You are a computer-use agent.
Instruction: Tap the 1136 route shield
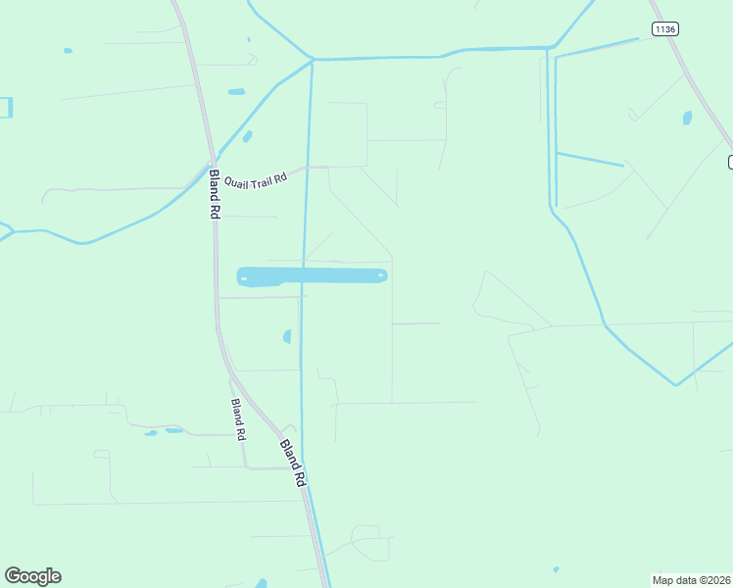point(664,29)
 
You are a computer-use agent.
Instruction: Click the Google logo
point(32,576)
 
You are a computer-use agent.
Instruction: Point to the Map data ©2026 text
point(692,579)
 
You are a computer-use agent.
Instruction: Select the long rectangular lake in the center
point(313,276)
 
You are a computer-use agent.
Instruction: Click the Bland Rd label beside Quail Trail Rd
point(215,194)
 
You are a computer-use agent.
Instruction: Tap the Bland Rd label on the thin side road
point(237,419)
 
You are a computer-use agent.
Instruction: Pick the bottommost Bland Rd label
point(293,463)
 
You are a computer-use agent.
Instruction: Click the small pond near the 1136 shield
point(687,119)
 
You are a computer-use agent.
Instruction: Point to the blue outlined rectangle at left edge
point(6,108)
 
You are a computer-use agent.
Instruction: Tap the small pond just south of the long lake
point(287,336)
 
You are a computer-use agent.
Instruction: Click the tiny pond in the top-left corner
point(68,50)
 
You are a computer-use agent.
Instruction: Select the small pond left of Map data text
point(556,569)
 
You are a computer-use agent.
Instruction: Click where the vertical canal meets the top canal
point(313,60)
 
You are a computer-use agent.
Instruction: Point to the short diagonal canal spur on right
point(590,159)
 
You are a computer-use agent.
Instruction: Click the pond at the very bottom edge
point(262,583)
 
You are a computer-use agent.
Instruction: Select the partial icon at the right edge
point(729,162)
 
